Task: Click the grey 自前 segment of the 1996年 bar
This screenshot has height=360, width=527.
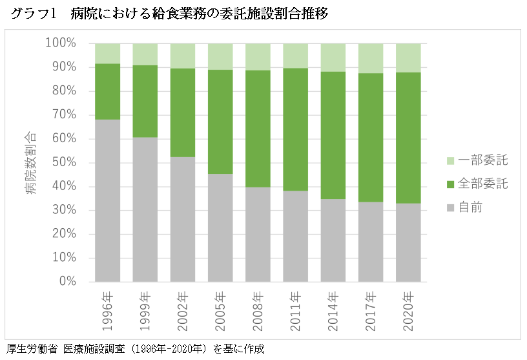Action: [107, 200]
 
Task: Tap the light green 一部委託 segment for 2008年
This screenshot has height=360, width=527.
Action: [258, 56]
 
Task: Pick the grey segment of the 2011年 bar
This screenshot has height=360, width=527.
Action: [295, 236]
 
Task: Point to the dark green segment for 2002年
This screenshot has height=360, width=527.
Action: [182, 112]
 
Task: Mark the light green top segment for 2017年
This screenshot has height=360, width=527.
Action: [370, 58]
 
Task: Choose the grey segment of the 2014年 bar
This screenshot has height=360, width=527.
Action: [333, 240]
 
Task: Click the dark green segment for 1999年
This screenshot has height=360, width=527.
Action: [145, 101]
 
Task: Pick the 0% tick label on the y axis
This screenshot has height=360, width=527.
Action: [67, 282]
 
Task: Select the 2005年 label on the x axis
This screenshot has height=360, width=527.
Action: [221, 312]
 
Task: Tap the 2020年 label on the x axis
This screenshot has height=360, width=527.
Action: [408, 312]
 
